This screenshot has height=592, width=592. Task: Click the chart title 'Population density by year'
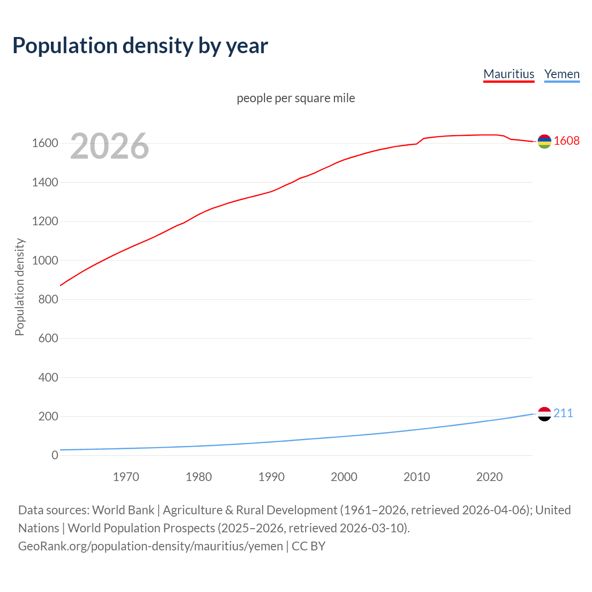tap(140, 46)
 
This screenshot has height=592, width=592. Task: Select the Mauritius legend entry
tap(509, 74)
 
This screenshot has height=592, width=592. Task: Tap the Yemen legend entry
tap(561, 74)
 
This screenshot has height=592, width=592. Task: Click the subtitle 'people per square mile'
tap(296, 98)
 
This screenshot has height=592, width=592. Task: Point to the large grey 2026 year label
tap(110, 146)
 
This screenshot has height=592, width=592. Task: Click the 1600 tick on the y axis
tap(45, 143)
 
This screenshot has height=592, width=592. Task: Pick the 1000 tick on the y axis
tap(45, 260)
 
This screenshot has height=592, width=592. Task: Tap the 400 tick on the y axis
tap(48, 377)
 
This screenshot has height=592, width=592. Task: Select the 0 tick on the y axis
tap(55, 456)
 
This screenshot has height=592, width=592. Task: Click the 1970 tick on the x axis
tap(126, 477)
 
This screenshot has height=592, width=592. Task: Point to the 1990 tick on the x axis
tap(271, 477)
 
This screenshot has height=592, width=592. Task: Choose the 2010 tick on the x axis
tap(417, 477)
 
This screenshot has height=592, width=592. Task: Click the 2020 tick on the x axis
tap(489, 477)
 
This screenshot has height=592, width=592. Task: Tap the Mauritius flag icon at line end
tap(544, 142)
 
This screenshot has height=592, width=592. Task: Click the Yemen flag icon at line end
tap(544, 414)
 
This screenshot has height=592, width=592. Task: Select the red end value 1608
tap(567, 141)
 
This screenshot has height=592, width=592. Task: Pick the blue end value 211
tap(563, 413)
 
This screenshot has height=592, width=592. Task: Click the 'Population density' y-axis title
tap(19, 287)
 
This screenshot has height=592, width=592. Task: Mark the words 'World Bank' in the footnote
tap(123, 510)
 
